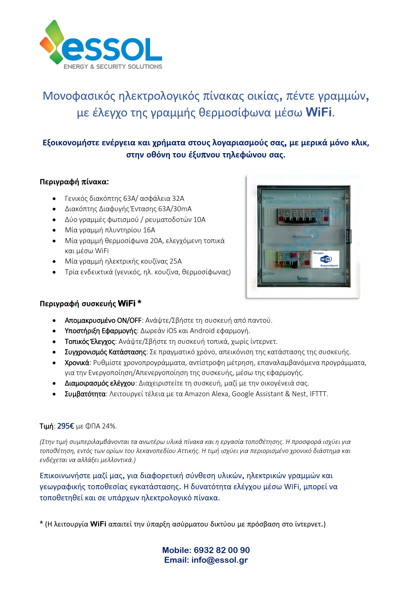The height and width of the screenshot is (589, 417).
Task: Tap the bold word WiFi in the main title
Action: click(318, 112)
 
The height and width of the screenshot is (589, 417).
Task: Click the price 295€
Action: click(66, 426)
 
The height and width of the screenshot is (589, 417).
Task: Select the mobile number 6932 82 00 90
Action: click(222, 550)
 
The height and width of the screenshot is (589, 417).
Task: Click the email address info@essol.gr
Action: click(219, 560)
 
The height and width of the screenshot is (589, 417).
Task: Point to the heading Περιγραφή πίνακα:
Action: click(74, 182)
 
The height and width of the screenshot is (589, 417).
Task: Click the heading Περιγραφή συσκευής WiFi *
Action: click(90, 304)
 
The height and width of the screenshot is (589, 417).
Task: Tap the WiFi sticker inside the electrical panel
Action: click(326, 259)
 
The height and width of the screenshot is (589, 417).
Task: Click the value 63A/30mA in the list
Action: click(175, 209)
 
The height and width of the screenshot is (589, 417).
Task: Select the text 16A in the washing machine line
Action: click(149, 230)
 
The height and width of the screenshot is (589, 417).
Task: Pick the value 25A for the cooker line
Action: click(176, 261)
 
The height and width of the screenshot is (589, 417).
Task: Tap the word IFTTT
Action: click(318, 394)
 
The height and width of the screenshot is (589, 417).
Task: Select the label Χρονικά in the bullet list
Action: click(77, 363)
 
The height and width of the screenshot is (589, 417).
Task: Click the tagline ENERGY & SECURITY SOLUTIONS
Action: click(113, 66)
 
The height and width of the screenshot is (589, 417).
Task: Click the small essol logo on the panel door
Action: click(302, 278)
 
